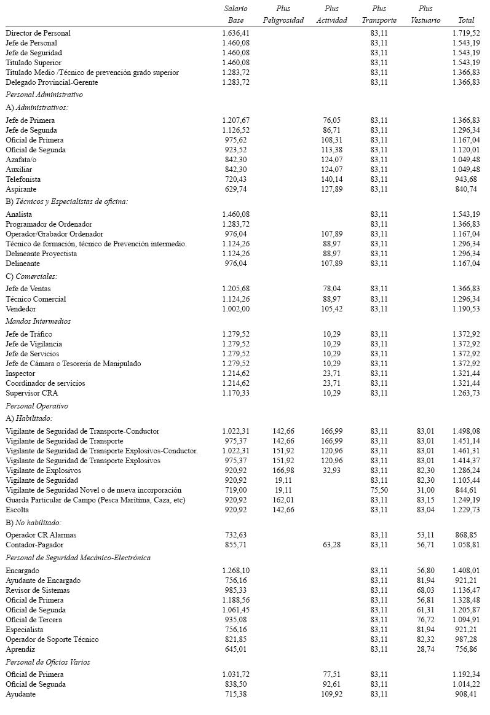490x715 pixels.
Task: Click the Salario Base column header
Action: click(235, 14)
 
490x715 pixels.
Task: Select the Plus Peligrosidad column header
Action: click(283, 14)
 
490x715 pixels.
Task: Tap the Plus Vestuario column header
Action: click(425, 14)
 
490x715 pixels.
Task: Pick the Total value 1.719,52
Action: click(466, 33)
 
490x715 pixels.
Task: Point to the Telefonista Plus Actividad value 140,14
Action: click(331, 179)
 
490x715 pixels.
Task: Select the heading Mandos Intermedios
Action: click(38, 321)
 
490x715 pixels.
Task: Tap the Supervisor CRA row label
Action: click(31, 393)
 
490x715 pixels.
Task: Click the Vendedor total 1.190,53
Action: click(466, 309)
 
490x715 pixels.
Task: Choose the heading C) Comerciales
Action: click(32, 276)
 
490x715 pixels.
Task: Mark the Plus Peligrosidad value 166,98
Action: click(283, 471)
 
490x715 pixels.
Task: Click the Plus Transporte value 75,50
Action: click(379, 490)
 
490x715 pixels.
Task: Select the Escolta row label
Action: click(17, 510)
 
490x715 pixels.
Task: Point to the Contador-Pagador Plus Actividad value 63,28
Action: click(331, 545)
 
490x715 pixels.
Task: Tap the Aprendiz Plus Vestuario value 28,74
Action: click(425, 649)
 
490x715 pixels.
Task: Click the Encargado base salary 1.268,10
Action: click(235, 571)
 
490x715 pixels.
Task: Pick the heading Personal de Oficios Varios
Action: click(48, 662)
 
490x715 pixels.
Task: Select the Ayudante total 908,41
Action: click(466, 694)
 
